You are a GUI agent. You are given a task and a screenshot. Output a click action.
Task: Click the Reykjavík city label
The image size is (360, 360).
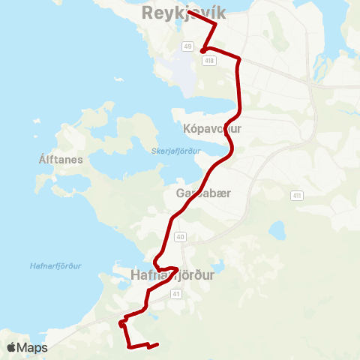click(x=184, y=13)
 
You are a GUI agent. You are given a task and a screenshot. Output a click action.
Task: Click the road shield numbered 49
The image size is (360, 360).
click(x=187, y=46)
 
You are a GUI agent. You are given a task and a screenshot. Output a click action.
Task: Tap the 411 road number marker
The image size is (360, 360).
click(x=298, y=195)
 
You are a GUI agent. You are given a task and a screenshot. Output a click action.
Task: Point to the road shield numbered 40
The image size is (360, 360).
click(x=180, y=237)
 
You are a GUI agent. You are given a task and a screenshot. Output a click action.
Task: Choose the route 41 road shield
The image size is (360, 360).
click(x=175, y=294)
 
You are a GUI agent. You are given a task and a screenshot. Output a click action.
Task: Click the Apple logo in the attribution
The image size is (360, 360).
click(x=11, y=347)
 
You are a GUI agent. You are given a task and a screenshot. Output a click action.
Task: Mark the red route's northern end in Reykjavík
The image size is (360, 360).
click(x=188, y=12)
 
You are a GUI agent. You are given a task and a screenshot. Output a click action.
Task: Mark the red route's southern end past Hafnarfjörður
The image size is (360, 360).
click(x=157, y=346)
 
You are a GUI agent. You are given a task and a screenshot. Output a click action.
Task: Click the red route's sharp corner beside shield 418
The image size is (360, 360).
click(x=203, y=51)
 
